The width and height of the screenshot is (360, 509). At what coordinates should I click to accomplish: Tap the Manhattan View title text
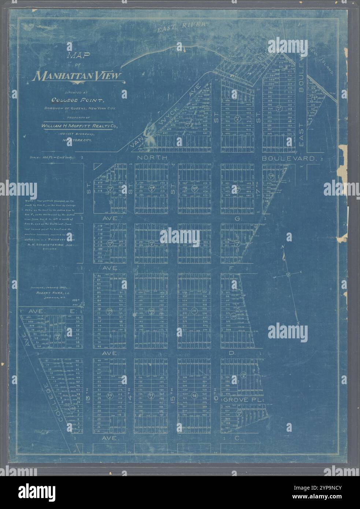(x=77, y=76)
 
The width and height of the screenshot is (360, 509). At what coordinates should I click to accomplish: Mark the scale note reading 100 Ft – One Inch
(x=54, y=157)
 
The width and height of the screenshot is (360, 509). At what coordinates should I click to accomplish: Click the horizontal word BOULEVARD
(x=289, y=159)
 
